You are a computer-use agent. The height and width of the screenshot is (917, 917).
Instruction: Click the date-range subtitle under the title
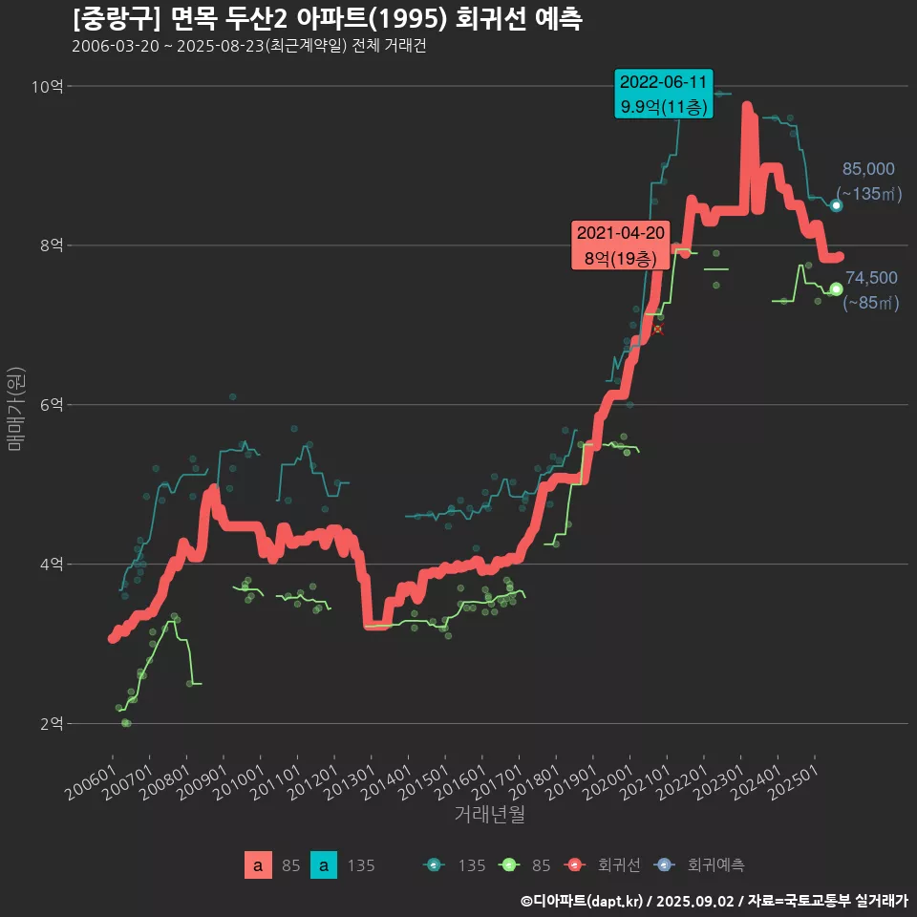[x=248, y=47]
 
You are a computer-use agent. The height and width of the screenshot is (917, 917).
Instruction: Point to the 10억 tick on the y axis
[x=47, y=87]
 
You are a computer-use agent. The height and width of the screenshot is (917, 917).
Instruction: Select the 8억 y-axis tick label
[x=51, y=245]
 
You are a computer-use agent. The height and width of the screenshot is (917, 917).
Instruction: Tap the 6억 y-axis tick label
[x=51, y=405]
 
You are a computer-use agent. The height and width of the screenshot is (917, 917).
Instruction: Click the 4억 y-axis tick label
[x=51, y=564]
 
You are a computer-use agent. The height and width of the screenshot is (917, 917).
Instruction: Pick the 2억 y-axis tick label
[x=51, y=723]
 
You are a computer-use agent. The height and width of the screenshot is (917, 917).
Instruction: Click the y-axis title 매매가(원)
[x=16, y=408]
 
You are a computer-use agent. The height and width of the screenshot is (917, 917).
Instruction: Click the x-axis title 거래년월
[x=489, y=814]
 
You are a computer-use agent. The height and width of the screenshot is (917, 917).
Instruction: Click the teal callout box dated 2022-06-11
[x=664, y=95]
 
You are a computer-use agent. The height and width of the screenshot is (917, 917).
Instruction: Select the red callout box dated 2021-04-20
[x=621, y=245]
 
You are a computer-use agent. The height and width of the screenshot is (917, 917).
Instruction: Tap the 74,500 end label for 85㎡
[x=871, y=290]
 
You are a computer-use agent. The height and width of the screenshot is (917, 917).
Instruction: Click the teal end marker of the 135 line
[x=836, y=205]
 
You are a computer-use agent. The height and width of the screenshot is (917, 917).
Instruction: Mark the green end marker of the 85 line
[x=836, y=288]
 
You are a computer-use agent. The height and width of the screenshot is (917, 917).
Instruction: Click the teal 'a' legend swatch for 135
[x=325, y=865]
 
